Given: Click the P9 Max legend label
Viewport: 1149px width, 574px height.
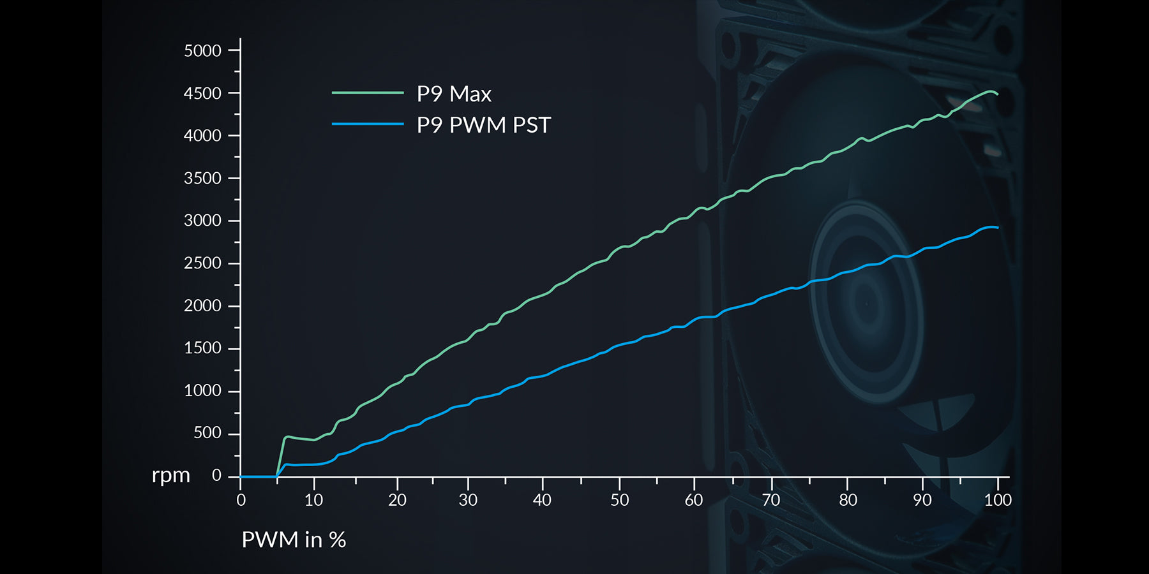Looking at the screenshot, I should click(454, 94).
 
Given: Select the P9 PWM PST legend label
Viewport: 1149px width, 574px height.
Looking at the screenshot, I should click(483, 125).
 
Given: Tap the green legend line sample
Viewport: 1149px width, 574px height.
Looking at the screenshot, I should click(368, 93).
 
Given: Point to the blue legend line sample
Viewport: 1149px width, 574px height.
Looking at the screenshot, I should click(368, 124).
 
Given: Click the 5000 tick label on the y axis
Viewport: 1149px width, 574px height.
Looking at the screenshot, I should click(202, 51).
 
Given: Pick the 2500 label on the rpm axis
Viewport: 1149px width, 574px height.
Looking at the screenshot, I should click(202, 263).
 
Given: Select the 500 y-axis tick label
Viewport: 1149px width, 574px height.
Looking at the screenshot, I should click(207, 433).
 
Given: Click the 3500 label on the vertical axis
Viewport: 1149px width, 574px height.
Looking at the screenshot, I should click(202, 179).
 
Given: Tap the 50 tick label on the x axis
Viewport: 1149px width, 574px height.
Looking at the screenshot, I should click(619, 500).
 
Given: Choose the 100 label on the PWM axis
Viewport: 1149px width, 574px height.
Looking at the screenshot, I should click(998, 500).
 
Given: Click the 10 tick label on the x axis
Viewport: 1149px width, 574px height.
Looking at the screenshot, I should click(313, 500).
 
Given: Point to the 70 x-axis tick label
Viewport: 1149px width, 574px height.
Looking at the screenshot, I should click(771, 500).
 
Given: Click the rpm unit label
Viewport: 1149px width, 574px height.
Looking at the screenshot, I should click(171, 476).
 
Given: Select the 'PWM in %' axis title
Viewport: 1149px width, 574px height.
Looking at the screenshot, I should click(294, 540).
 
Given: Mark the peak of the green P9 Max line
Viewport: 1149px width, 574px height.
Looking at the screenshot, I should click(990, 91).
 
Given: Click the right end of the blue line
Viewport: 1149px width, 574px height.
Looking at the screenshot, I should click(997, 228).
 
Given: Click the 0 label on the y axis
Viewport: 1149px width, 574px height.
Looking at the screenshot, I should click(216, 476).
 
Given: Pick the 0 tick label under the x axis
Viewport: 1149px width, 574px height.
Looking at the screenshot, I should click(241, 500).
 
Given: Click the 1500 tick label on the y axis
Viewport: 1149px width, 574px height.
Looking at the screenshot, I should click(202, 348).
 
